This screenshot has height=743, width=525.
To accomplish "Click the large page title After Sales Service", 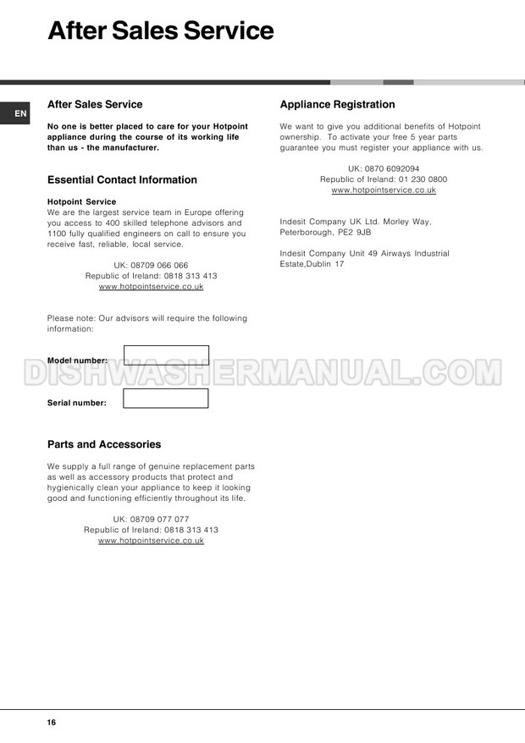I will click(161, 31).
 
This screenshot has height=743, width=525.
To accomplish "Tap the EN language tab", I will click(20, 113).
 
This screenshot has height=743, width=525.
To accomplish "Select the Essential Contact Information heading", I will click(122, 179).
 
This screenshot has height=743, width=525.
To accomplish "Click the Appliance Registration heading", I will click(337, 105).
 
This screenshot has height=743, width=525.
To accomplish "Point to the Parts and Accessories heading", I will click(104, 444).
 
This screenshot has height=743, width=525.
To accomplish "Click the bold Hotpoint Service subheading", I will click(82, 202).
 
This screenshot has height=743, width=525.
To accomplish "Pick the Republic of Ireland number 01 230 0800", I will click(423, 179).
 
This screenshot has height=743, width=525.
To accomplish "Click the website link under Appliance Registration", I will click(384, 190).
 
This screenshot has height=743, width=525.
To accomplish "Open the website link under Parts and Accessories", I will click(151, 540).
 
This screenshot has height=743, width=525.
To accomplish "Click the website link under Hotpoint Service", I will click(151, 286).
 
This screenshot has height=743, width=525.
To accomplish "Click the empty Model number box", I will click(166, 355).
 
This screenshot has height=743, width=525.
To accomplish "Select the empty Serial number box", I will click(165, 399).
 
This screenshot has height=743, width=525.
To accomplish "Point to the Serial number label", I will click(77, 403).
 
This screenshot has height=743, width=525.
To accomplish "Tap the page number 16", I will click(52, 723).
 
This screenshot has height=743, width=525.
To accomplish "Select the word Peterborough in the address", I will click(306, 232).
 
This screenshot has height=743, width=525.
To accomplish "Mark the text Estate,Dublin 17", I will click(312, 264).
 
